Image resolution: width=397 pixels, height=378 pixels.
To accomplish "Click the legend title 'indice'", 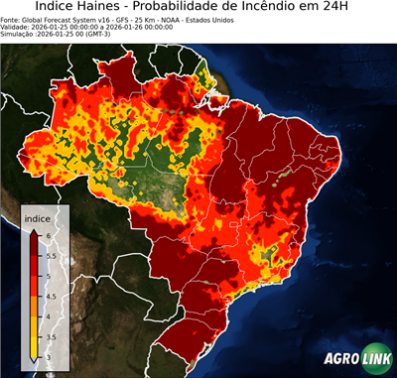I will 38,218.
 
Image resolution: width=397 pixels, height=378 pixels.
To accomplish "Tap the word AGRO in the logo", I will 339,360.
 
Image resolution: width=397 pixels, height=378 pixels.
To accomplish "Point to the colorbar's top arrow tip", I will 33,229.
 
